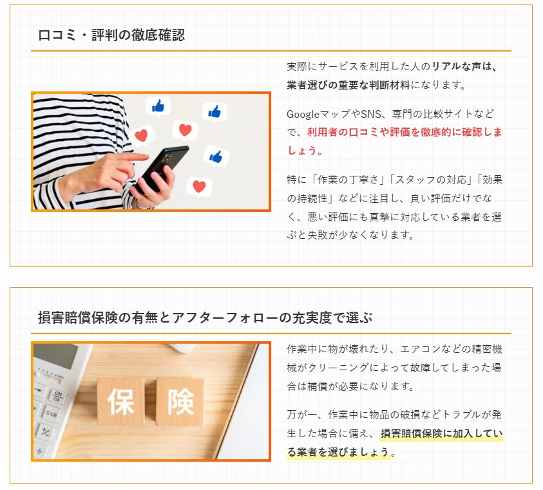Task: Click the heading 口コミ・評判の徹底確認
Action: (111, 35)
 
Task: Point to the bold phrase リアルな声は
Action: (461, 66)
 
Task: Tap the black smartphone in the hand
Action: (162, 169)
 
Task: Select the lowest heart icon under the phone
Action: (199, 187)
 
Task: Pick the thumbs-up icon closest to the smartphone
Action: (216, 156)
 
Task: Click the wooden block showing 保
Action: (121, 401)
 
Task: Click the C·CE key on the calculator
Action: (52, 414)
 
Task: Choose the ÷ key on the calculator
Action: (39, 451)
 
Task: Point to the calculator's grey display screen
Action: (56, 355)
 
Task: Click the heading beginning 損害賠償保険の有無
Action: (205, 317)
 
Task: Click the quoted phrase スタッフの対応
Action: (431, 180)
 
